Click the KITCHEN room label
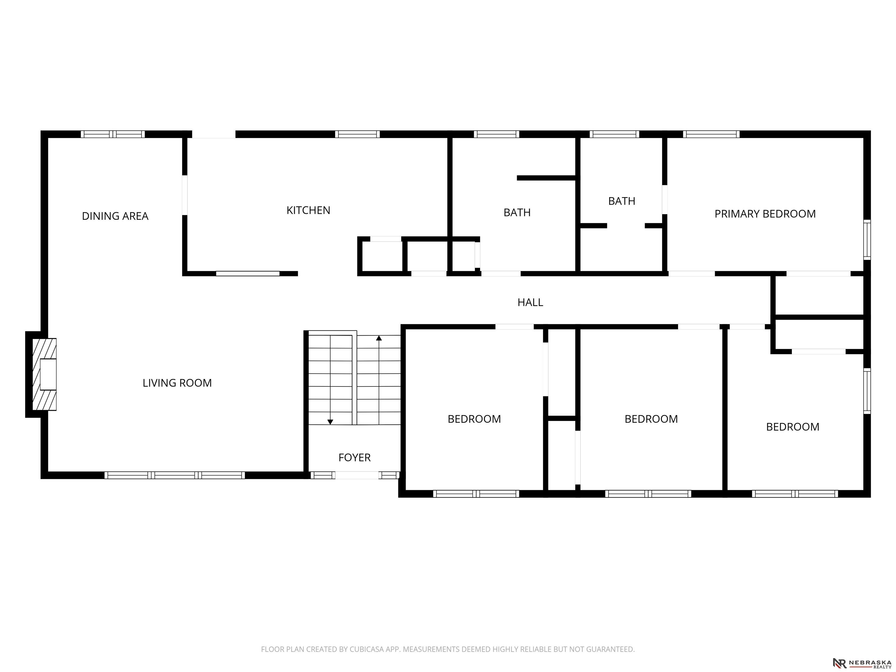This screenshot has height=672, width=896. [x=308, y=210]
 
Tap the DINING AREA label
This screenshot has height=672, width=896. [x=115, y=216]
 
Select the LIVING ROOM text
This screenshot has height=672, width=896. [x=177, y=383]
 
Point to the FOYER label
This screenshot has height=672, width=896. [x=354, y=457]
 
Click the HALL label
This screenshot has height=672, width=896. [x=530, y=302]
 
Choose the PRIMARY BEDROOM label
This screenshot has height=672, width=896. [x=765, y=214]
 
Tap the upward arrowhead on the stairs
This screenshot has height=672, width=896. [x=379, y=338]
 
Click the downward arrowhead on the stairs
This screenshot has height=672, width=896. [x=330, y=422]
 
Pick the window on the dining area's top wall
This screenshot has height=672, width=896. [x=113, y=134]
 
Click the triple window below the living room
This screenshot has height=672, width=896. [x=175, y=475]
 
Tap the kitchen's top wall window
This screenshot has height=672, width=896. [x=357, y=134]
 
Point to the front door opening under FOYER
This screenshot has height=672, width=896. [x=357, y=475]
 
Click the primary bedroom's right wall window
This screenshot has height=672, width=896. [x=867, y=239]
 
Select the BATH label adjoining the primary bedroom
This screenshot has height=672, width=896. [x=622, y=201]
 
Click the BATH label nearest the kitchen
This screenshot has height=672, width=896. [x=517, y=212]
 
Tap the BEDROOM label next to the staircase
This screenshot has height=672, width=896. [x=474, y=419]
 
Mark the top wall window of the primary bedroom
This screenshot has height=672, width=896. [x=711, y=134]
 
